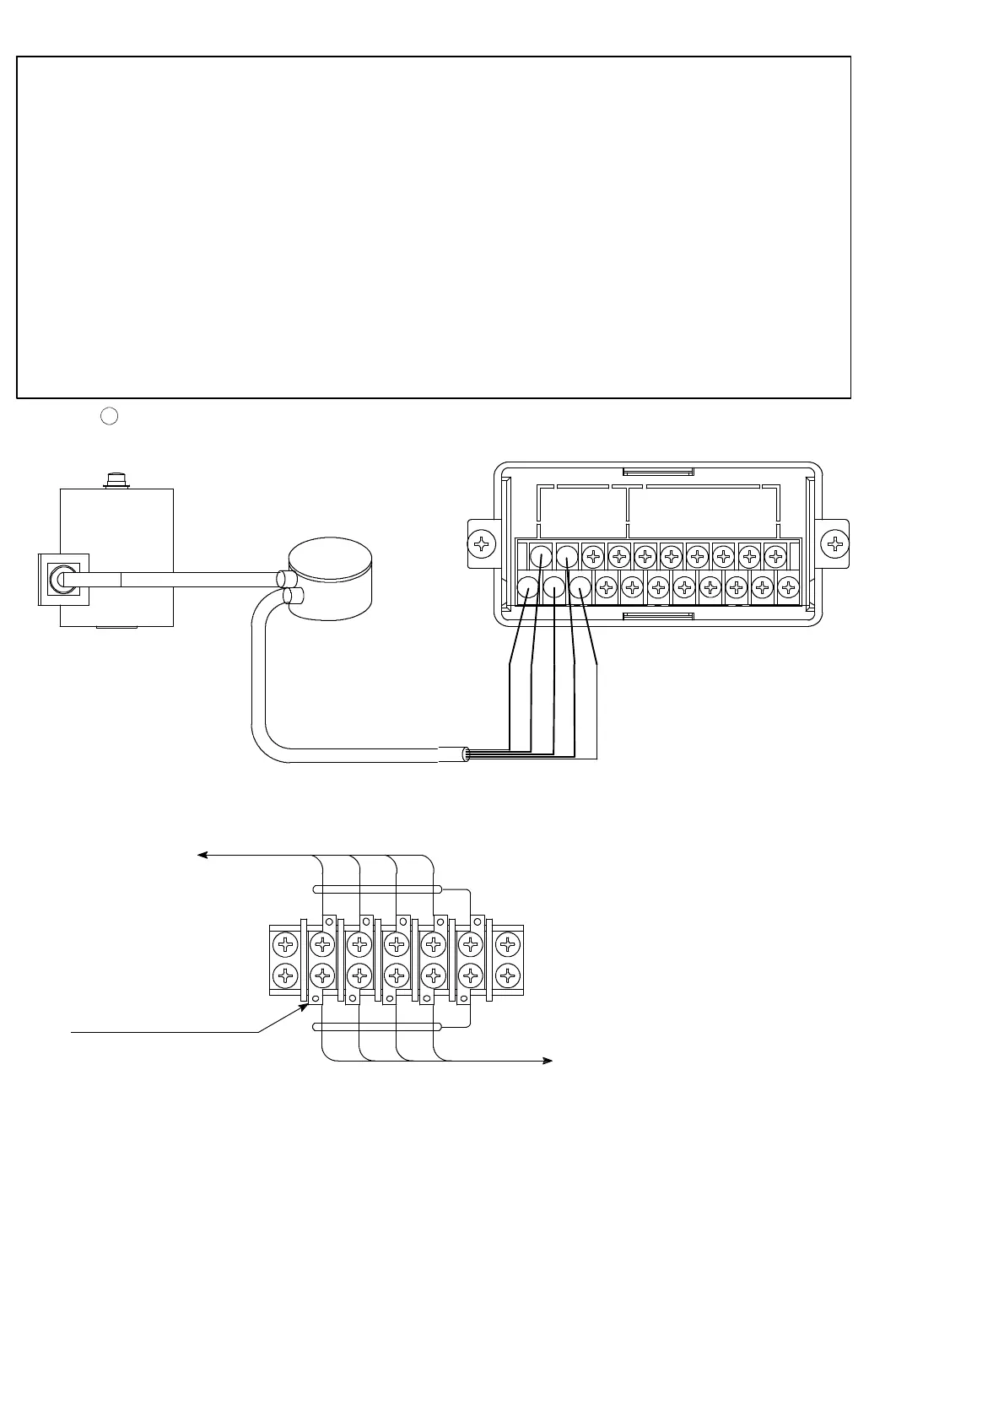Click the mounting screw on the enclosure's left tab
click(481, 543)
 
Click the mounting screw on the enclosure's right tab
click(834, 543)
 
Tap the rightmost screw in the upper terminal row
click(775, 557)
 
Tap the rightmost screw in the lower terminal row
click(788, 587)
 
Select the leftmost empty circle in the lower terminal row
click(527, 587)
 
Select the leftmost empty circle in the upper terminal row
click(541, 557)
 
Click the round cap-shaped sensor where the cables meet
click(330, 580)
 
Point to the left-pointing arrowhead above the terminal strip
click(202, 856)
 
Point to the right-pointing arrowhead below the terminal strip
click(548, 1061)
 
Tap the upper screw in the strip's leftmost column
click(287, 943)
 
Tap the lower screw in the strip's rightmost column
click(506, 976)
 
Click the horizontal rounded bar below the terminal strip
click(377, 1027)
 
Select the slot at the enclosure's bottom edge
click(658, 617)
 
